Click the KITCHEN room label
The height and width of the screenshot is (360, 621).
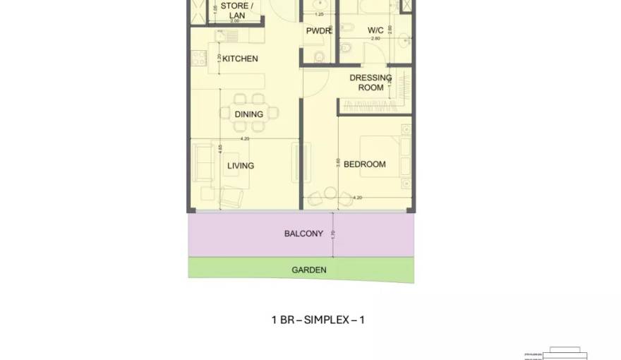[240, 59]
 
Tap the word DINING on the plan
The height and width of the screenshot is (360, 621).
[248, 114]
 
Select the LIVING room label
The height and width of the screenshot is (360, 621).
[241, 166]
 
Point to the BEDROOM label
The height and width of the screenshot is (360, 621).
[364, 164]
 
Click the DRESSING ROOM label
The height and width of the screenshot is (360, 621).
[370, 83]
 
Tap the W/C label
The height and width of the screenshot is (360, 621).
[375, 30]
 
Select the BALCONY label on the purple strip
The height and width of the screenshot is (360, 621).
[303, 234]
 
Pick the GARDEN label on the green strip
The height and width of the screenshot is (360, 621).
[309, 270]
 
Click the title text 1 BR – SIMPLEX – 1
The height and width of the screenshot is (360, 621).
[318, 320]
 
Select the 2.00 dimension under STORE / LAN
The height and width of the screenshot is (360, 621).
[236, 21]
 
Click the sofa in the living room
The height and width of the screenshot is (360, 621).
[202, 163]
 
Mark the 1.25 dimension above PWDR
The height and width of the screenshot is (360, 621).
[319, 14]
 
